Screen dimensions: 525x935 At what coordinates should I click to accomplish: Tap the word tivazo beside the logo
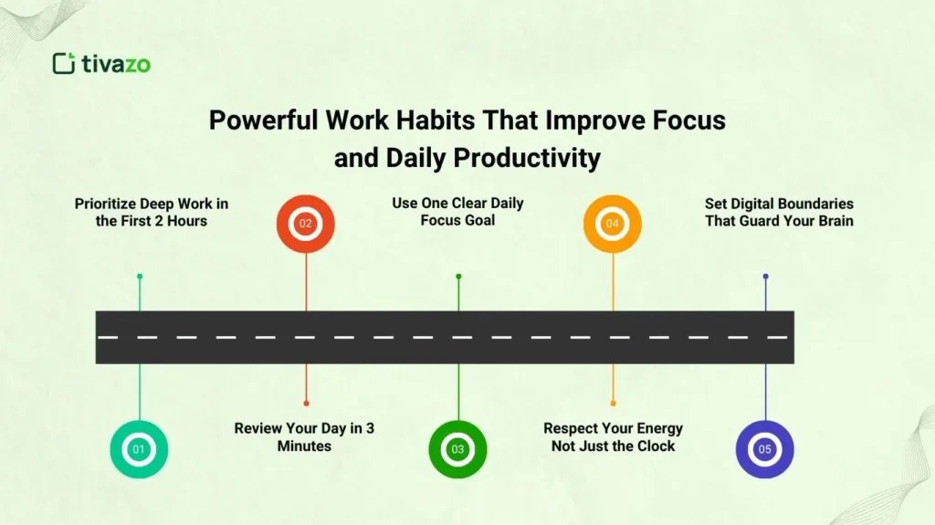coord(115,63)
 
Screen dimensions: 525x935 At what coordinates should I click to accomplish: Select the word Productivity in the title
coord(528,158)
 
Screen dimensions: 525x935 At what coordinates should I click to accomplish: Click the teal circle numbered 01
coord(139,449)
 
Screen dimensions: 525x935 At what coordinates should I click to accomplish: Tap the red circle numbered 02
coord(306,224)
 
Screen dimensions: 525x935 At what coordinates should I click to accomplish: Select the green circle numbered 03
coord(458,449)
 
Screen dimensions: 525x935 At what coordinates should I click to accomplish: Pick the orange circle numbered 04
coord(613,224)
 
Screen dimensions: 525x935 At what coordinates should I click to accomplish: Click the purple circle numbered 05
coord(765,449)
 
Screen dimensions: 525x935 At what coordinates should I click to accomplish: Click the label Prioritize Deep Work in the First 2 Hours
coord(152,212)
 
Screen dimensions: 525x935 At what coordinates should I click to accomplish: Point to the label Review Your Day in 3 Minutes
coord(304,436)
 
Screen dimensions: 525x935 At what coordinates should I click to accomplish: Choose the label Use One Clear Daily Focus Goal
coord(458,211)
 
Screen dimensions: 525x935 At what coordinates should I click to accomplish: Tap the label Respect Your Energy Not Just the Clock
coord(613,436)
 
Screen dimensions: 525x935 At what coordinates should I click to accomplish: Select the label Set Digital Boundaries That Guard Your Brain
coord(779,212)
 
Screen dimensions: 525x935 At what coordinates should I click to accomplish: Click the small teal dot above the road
coord(140,276)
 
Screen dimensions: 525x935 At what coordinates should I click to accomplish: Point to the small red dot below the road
coord(306,403)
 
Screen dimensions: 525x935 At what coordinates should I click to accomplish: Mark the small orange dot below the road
coord(613,403)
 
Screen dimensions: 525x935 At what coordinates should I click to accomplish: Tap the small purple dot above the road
coord(765,276)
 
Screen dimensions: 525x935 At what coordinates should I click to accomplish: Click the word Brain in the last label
coord(833,220)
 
